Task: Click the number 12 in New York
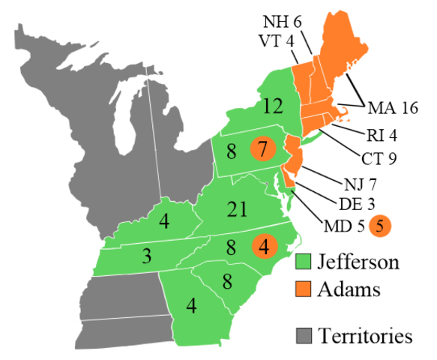click(273, 106)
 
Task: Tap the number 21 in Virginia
click(237, 210)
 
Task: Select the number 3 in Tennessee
click(147, 256)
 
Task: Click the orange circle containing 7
click(262, 149)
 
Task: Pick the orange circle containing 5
click(380, 225)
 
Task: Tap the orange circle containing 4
click(264, 245)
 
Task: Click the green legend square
click(304, 261)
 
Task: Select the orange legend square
click(304, 289)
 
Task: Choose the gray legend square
click(304, 335)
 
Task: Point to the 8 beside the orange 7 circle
click(231, 151)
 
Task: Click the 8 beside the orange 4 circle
click(231, 247)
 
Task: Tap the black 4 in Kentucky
click(163, 222)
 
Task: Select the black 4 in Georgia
click(191, 306)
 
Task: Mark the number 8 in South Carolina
click(227, 282)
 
